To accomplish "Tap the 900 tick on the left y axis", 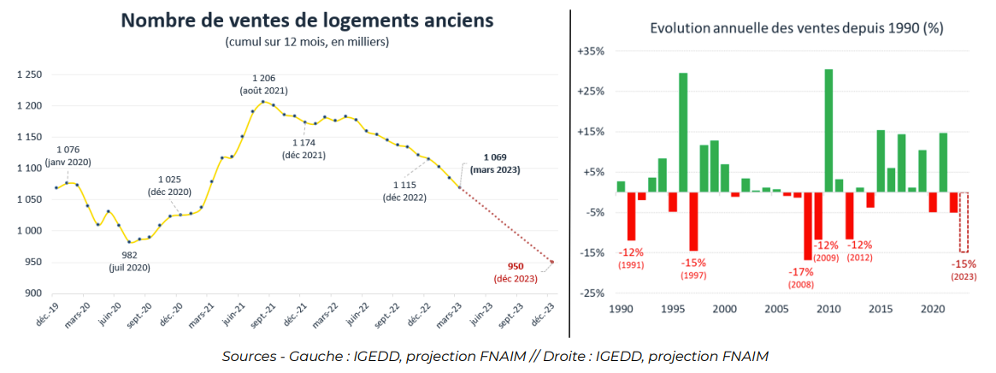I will point(34,293).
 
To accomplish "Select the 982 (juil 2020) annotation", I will point(129,262).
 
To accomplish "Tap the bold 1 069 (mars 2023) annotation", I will point(501,163).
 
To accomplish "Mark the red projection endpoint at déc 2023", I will point(551,263).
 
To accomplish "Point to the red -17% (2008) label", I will point(801,277).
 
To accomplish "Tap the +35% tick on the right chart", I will point(591,51).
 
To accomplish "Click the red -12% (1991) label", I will point(631,258).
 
